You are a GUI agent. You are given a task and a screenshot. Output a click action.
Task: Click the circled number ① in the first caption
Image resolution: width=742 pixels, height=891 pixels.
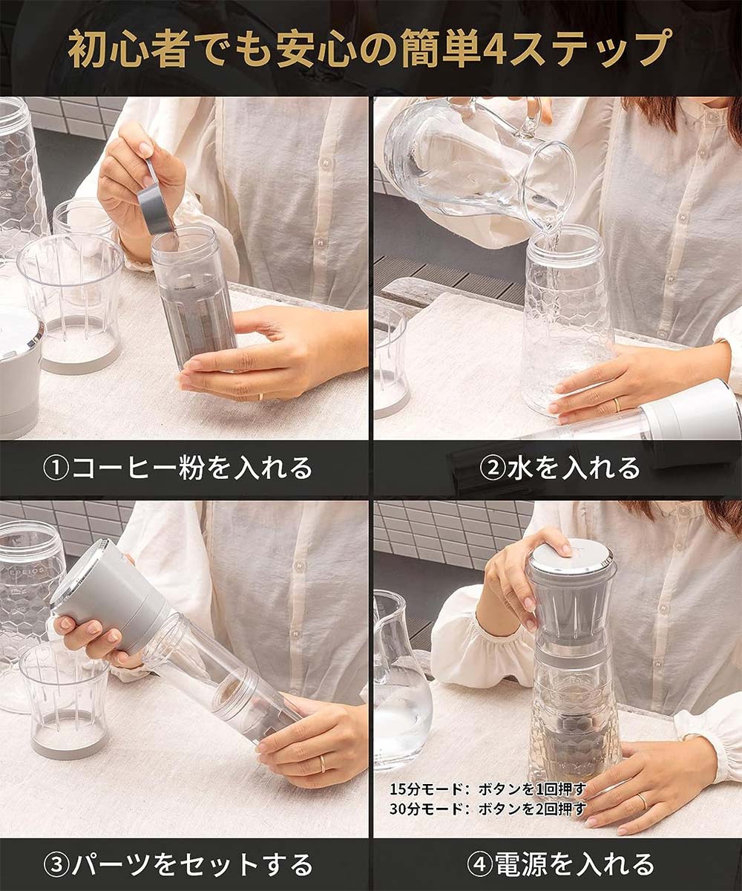click(x=56, y=469)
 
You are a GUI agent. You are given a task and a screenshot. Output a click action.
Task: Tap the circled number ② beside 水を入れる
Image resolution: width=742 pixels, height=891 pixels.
click(x=492, y=469)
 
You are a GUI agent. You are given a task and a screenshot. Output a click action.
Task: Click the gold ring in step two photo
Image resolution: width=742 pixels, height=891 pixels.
click(x=617, y=405)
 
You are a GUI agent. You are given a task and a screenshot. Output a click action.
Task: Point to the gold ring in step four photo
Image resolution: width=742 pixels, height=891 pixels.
click(x=643, y=800)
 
